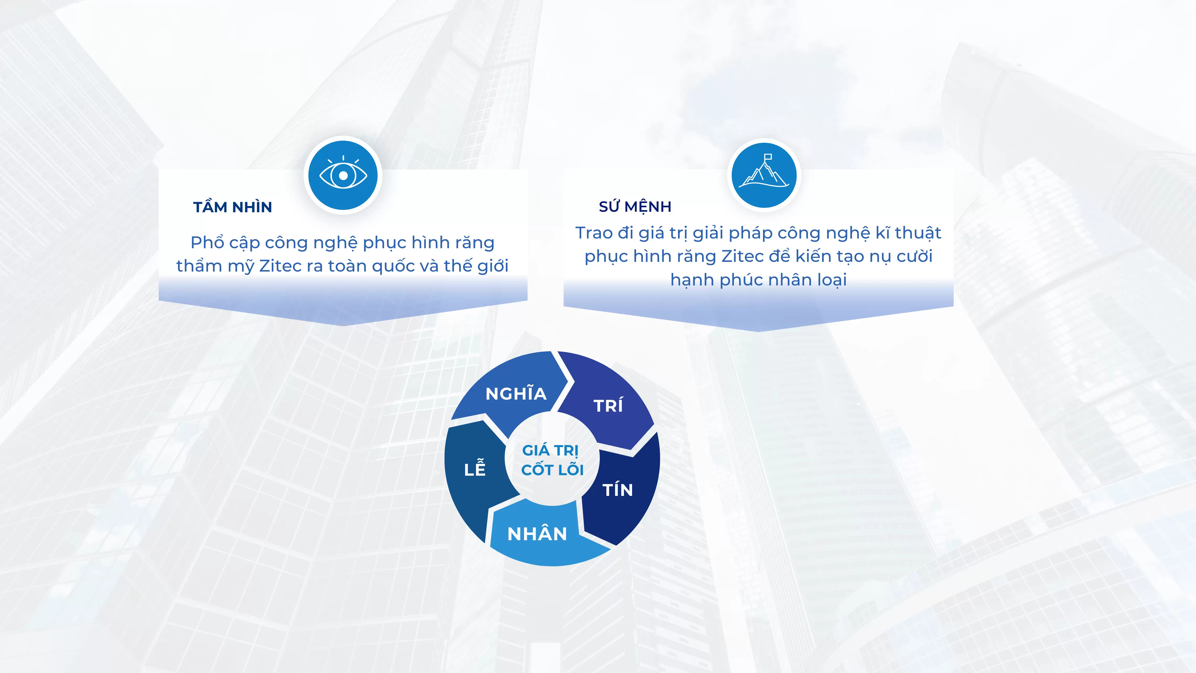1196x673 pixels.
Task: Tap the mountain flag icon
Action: point(764,171)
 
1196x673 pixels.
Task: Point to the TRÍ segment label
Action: point(608,405)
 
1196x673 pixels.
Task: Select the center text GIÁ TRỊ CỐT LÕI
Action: point(552,460)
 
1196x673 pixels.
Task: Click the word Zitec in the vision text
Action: point(280,266)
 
